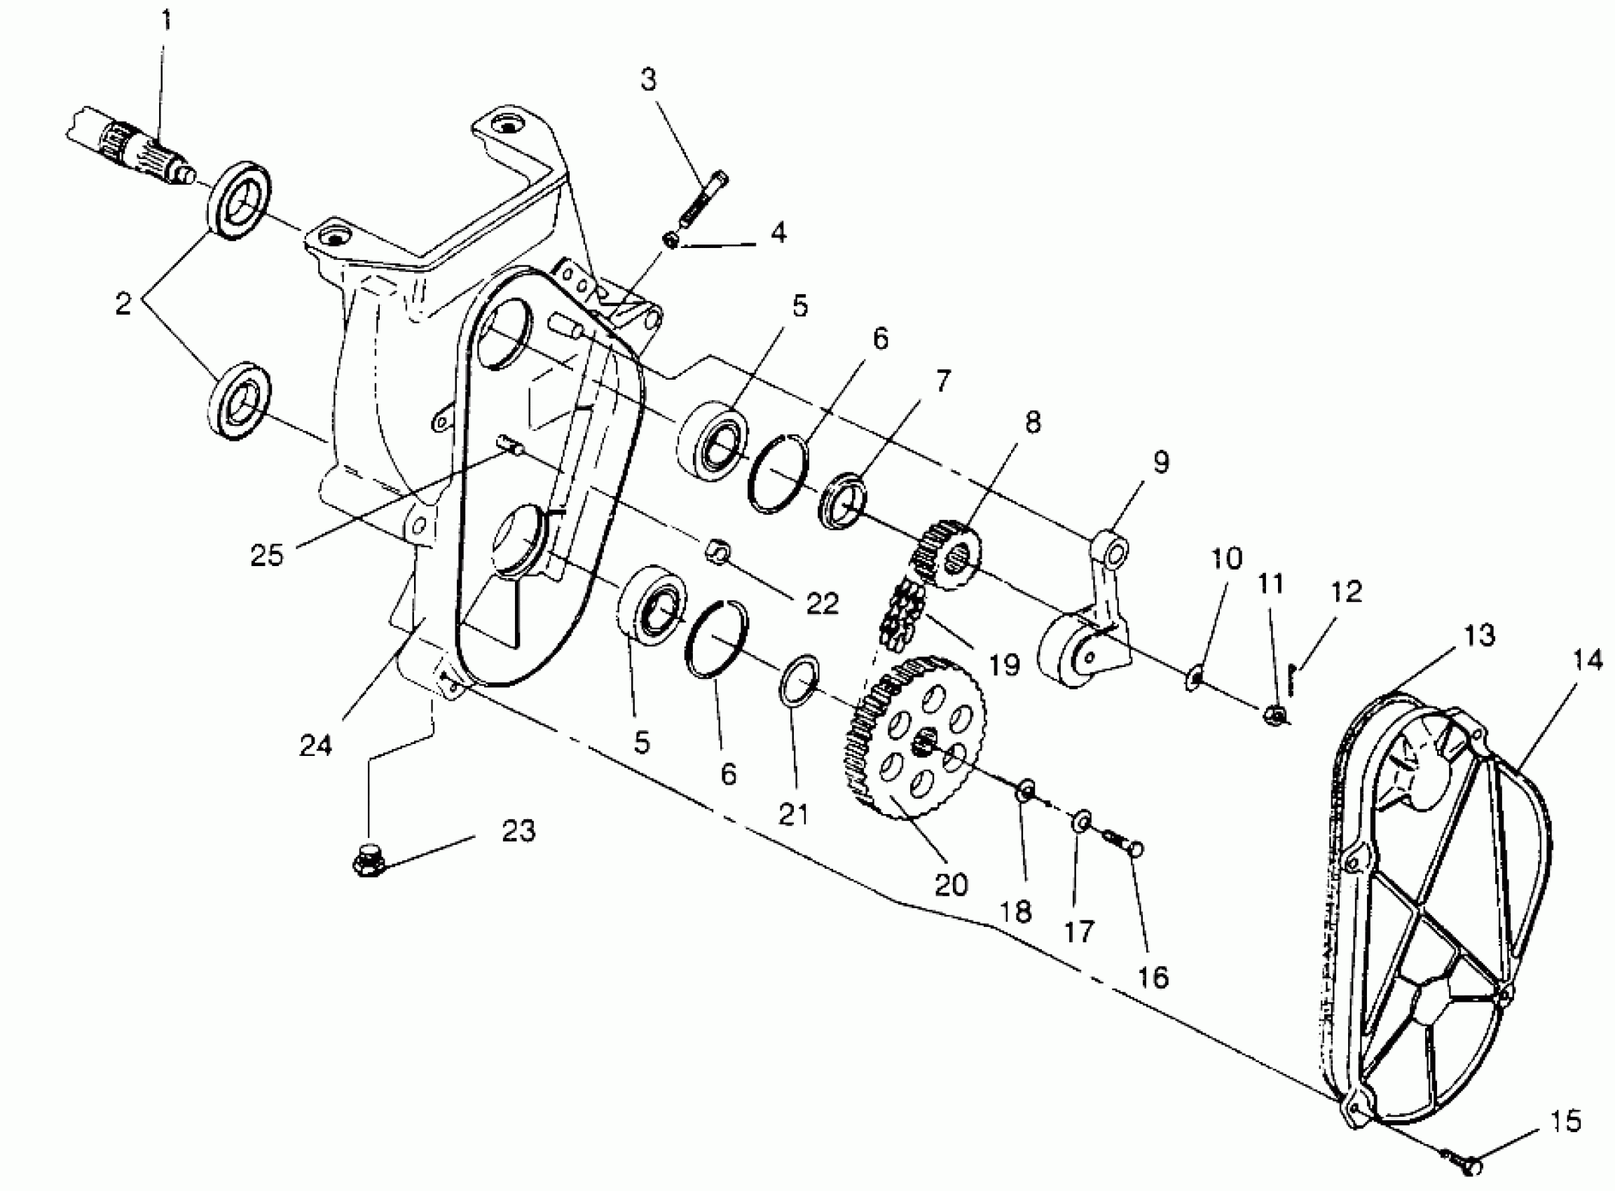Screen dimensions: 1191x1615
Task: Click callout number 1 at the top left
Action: coord(166,20)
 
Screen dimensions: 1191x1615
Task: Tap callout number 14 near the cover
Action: coord(1587,659)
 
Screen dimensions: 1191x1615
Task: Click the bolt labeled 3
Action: coord(703,198)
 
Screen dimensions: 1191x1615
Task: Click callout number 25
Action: coord(267,554)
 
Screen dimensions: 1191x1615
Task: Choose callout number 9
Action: coord(1160,462)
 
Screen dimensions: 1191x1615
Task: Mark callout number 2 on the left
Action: coord(123,303)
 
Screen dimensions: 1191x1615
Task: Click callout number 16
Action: coord(1152,977)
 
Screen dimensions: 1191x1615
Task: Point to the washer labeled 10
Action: coord(1194,677)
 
